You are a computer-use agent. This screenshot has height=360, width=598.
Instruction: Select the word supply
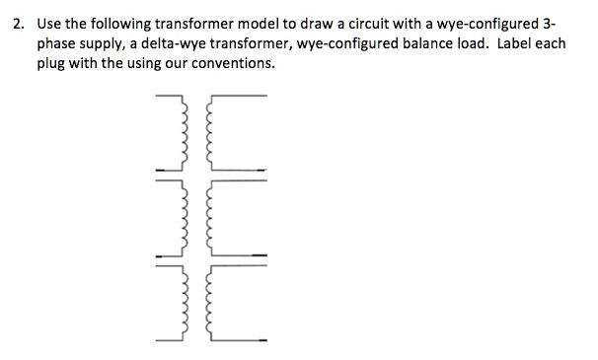(108, 44)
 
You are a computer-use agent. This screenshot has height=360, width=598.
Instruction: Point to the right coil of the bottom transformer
(204, 302)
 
